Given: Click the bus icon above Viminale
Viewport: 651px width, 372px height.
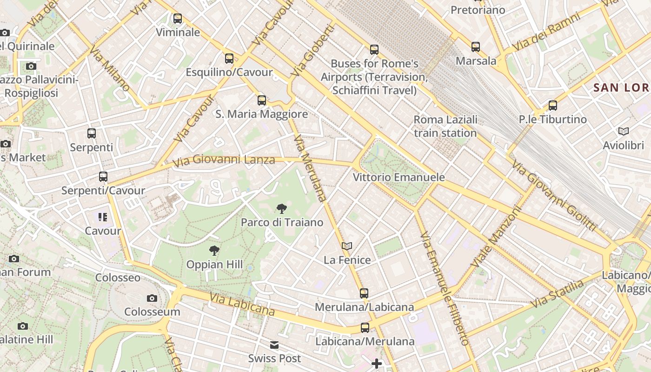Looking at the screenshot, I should pos(178,19).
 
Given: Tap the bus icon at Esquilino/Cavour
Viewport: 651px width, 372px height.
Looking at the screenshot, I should pos(229,59).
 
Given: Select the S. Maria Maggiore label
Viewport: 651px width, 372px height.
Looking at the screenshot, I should pos(262,114).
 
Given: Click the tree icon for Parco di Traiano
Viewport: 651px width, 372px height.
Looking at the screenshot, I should pos(281,209).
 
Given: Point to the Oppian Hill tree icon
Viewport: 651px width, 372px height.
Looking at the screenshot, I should pos(214,251).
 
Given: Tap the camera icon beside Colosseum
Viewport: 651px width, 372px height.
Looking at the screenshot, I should pos(152,298).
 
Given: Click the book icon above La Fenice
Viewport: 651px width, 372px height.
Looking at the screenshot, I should pos(347,246).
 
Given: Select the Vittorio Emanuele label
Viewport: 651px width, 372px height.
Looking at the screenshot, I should pos(399,177).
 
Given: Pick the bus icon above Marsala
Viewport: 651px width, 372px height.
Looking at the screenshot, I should pos(476,47).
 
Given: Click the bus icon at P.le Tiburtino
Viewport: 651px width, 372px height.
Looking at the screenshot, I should pos(553,106).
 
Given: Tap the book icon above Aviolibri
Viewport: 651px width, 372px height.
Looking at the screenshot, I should pos(624,132).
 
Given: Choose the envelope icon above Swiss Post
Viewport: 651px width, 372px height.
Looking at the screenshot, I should pos(274,345).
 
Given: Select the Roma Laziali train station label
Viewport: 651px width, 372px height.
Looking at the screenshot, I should pos(445,126).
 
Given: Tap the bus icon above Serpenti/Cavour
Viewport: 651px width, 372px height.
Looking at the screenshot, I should pos(103,177).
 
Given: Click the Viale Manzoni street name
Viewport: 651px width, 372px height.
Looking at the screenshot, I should pos(497,237).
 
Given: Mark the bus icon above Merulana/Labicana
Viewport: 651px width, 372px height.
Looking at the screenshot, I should pos(364,293).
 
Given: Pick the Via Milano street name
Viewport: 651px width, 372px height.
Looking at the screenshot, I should pos(110,68).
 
